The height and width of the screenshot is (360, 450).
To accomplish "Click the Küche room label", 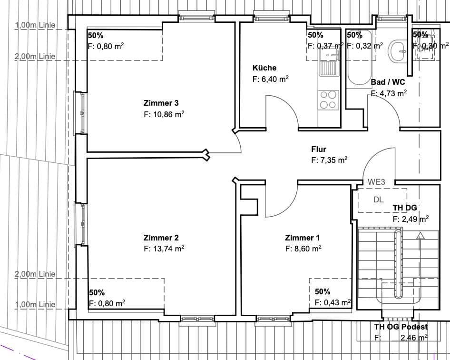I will pos(264,68).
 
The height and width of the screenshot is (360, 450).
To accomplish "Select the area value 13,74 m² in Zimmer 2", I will pos(164,249).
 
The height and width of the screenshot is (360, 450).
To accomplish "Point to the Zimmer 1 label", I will pos(302,238).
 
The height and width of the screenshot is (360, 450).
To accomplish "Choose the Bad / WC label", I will pos(388,82).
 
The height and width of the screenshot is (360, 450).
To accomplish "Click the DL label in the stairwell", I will pos(378,200).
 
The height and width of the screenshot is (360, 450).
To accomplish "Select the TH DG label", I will pos(404,208).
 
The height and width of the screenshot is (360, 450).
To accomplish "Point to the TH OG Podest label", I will pos(401,327).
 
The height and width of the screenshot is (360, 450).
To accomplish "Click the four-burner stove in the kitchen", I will pos(328,100).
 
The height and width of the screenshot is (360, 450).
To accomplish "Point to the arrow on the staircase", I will pos(420,235).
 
